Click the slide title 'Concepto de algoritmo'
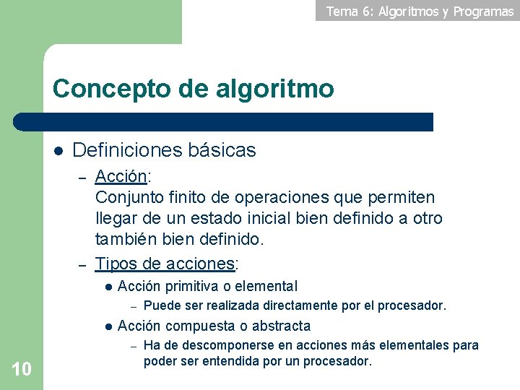pyautogui.click(x=193, y=89)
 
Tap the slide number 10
pyautogui.click(x=22, y=370)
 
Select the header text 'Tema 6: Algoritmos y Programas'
pyautogui.click(x=420, y=11)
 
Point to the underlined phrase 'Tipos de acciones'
pyautogui.click(x=165, y=264)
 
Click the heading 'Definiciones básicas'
pyautogui.click(x=164, y=150)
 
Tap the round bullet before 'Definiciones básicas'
pyautogui.click(x=58, y=151)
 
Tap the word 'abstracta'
pyautogui.click(x=279, y=326)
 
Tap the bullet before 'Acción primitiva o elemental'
pyautogui.click(x=107, y=287)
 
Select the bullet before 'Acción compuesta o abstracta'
pyautogui.click(x=107, y=326)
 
